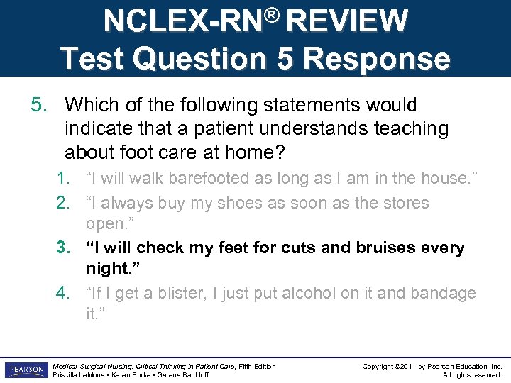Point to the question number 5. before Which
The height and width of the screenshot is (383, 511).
point(39,105)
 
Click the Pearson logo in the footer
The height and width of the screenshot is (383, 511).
point(26,370)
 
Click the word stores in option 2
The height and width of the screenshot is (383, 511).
point(405,203)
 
